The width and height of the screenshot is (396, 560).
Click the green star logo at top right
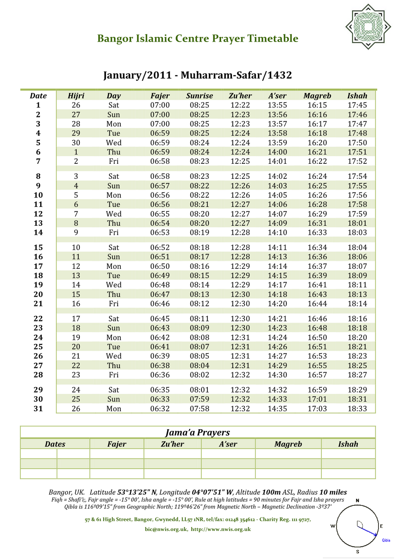tap(368, 27)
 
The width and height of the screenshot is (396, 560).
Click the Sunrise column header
tap(199, 96)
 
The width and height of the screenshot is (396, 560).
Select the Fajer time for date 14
tap(160, 232)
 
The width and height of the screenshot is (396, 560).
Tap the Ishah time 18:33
tap(357, 408)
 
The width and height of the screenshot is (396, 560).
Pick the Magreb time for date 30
tap(317, 399)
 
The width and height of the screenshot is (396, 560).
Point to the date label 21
tap(38, 304)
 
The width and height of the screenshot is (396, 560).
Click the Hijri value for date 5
tap(76, 142)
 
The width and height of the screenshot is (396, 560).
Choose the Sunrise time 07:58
tap(199, 408)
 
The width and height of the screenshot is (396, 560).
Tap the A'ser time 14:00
tap(277, 152)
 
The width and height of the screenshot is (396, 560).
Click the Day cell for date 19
tap(114, 285)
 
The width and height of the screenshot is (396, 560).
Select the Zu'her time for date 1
tap(240, 105)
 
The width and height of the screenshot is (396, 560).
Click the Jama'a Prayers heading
tap(198, 433)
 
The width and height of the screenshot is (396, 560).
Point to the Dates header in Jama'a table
tap(55, 444)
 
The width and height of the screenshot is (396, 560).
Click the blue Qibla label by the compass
tap(386, 540)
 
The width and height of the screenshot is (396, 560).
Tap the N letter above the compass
tap(358, 500)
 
